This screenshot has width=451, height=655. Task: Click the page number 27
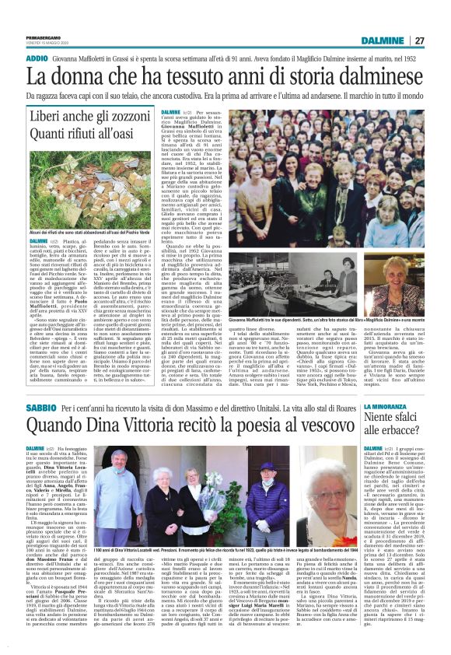439,19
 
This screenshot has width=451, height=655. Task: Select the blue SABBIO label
39,408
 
